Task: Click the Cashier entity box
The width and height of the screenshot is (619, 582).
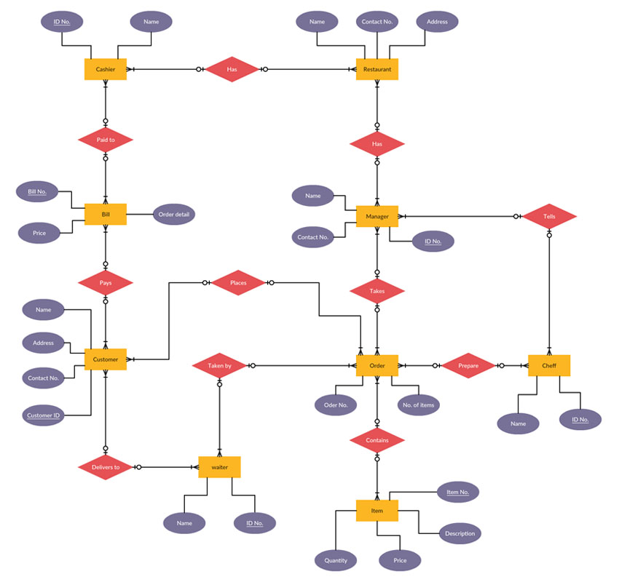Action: pyautogui.click(x=106, y=69)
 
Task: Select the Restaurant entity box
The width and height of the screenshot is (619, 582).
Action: pyautogui.click(x=376, y=69)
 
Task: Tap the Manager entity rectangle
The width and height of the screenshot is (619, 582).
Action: pyautogui.click(x=376, y=216)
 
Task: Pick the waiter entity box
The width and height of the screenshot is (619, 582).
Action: pyautogui.click(x=219, y=467)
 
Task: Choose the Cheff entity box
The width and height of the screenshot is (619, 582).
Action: pyautogui.click(x=549, y=365)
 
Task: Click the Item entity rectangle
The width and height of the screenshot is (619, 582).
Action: pyautogui.click(x=376, y=511)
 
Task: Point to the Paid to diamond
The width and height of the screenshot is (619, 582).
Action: pyautogui.click(x=106, y=139)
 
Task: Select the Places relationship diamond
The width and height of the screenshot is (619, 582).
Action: pyautogui.click(x=238, y=282)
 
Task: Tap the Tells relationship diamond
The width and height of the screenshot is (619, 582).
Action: pyautogui.click(x=549, y=216)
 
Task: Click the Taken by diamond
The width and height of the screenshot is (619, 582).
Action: pyautogui.click(x=219, y=365)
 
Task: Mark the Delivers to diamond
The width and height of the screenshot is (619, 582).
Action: pyautogui.click(x=106, y=467)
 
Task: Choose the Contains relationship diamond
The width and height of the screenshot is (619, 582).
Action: pyautogui.click(x=376, y=440)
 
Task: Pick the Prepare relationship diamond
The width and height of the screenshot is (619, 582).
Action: pyautogui.click(x=468, y=365)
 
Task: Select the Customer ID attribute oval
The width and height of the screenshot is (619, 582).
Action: pyautogui.click(x=44, y=415)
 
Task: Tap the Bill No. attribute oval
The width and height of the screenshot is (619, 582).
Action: pyautogui.click(x=37, y=192)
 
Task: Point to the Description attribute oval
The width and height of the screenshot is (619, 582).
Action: pyautogui.click(x=460, y=533)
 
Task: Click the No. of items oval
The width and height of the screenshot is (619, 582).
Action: pyautogui.click(x=419, y=404)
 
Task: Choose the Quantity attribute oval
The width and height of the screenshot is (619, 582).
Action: pyautogui.click(x=336, y=559)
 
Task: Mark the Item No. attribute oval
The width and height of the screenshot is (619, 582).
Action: pyautogui.click(x=458, y=493)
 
